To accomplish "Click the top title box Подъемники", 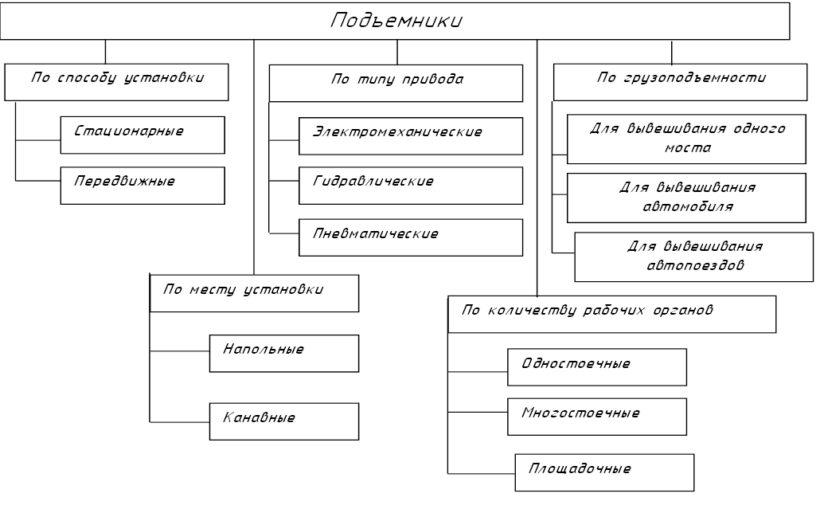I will pyautogui.click(x=396, y=21).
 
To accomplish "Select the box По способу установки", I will pyautogui.click(x=117, y=81).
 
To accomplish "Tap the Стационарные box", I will pyautogui.click(x=143, y=135).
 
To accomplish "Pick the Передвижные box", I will pyautogui.click(x=143, y=185).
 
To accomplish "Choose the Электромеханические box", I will pyautogui.click(x=411, y=136).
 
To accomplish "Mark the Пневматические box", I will pyautogui.click(x=411, y=237).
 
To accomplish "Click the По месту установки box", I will pyautogui.click(x=255, y=293).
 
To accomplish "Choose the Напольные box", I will pyautogui.click(x=284, y=353).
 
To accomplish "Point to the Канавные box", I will pyautogui.click(x=284, y=421).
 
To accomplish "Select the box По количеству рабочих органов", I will pyautogui.click(x=611, y=314).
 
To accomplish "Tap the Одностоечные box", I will pyautogui.click(x=597, y=366).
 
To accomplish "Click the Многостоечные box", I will pyautogui.click(x=597, y=417).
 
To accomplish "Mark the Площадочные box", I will pyautogui.click(x=605, y=472).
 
